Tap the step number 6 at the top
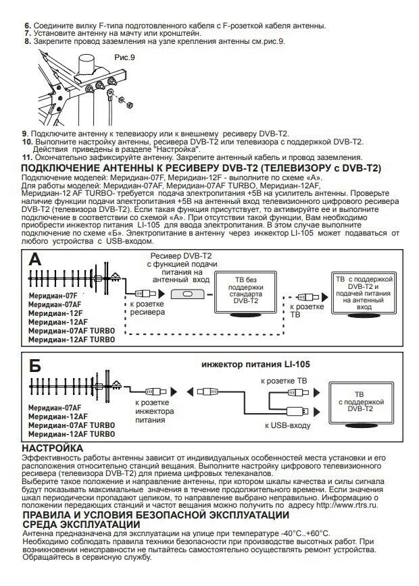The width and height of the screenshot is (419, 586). (27, 26)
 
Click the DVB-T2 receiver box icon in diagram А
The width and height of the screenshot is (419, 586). (186, 295)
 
